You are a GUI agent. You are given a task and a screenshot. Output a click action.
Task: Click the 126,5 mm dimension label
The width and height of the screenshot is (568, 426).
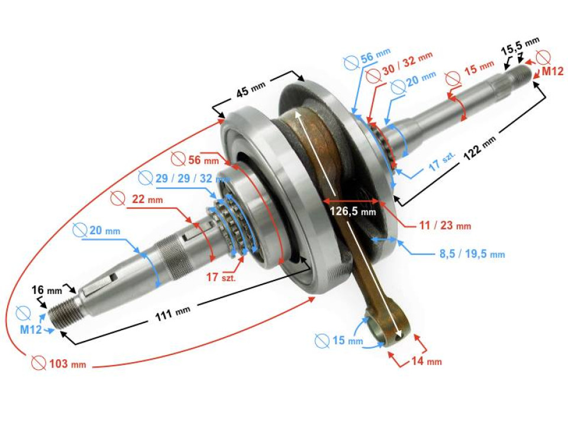click(x=352, y=211)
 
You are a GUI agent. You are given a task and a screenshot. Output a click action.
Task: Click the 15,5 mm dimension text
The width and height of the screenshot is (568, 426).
click(x=520, y=46)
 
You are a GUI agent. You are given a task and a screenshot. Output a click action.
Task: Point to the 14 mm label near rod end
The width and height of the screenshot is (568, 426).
click(x=426, y=361)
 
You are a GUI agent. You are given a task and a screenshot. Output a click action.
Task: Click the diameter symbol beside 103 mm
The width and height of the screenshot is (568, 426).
click(x=38, y=363)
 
